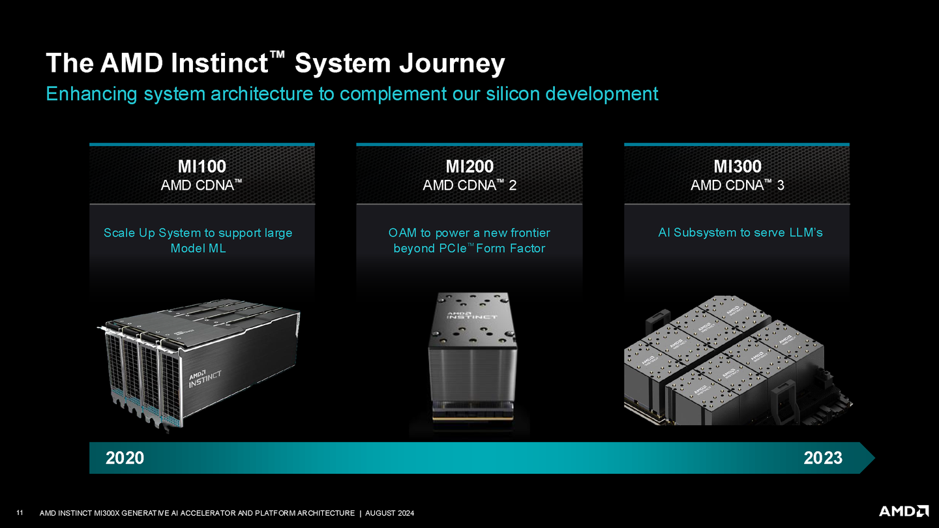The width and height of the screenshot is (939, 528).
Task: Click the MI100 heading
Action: click(202, 166)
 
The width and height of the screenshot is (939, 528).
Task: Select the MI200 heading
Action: click(469, 166)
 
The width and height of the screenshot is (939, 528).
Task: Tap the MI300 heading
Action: click(737, 166)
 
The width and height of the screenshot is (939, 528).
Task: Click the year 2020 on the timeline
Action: click(125, 458)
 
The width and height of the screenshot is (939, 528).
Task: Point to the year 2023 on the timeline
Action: click(823, 458)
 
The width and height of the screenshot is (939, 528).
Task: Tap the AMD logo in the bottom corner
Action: click(904, 510)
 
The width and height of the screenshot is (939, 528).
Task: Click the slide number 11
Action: click(20, 513)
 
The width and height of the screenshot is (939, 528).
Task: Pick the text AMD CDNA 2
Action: click(469, 186)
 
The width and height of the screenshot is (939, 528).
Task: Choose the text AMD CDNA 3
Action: click(737, 186)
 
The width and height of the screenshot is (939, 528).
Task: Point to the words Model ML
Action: click(198, 248)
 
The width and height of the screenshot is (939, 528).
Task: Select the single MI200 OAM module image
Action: click(469, 359)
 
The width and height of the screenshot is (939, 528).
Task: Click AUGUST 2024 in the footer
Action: click(389, 514)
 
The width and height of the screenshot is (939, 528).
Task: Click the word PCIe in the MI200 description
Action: click(445, 248)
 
